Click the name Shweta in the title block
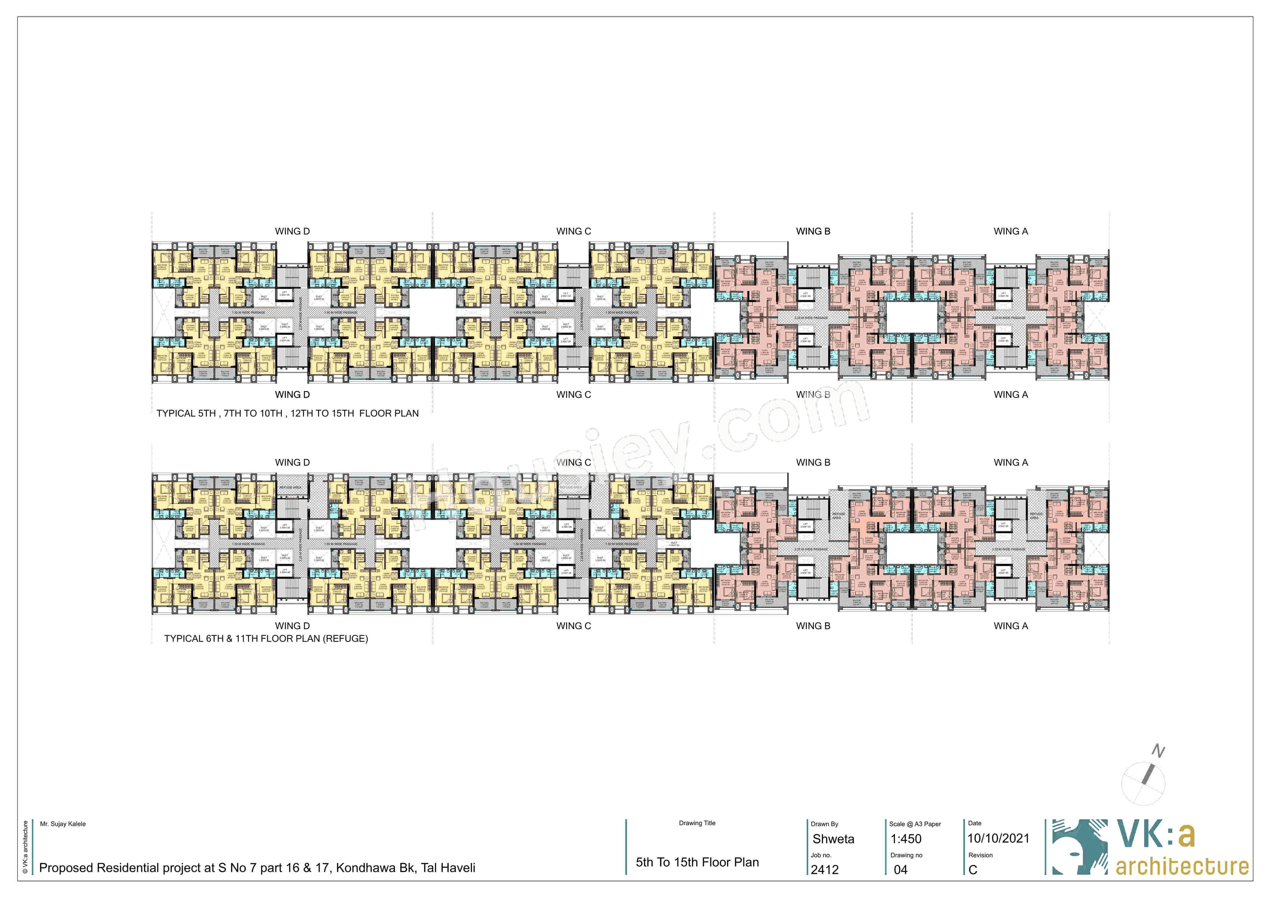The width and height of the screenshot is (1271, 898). (x=833, y=839)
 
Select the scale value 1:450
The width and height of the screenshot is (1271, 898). (x=906, y=839)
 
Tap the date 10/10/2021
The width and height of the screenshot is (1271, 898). (x=998, y=838)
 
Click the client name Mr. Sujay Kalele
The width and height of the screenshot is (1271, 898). (x=63, y=824)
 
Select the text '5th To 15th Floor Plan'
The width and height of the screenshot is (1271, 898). (x=697, y=862)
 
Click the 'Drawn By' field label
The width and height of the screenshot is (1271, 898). (x=824, y=824)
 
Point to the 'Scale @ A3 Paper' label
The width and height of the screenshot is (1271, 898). (x=915, y=824)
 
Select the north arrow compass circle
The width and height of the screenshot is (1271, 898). (x=1143, y=783)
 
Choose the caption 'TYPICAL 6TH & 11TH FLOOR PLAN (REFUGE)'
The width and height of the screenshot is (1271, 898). (x=266, y=638)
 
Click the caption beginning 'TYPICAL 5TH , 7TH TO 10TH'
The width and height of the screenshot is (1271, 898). (x=287, y=413)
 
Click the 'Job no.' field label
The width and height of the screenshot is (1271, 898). (x=821, y=855)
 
